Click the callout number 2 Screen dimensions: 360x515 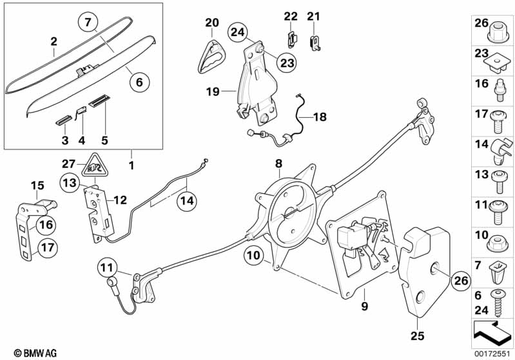[54, 43]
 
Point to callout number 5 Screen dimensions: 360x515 [104, 139]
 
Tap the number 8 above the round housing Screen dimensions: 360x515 [278, 164]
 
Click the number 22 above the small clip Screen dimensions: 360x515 [291, 16]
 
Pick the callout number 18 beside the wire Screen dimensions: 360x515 [320, 117]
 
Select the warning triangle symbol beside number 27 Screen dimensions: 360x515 [98, 166]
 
